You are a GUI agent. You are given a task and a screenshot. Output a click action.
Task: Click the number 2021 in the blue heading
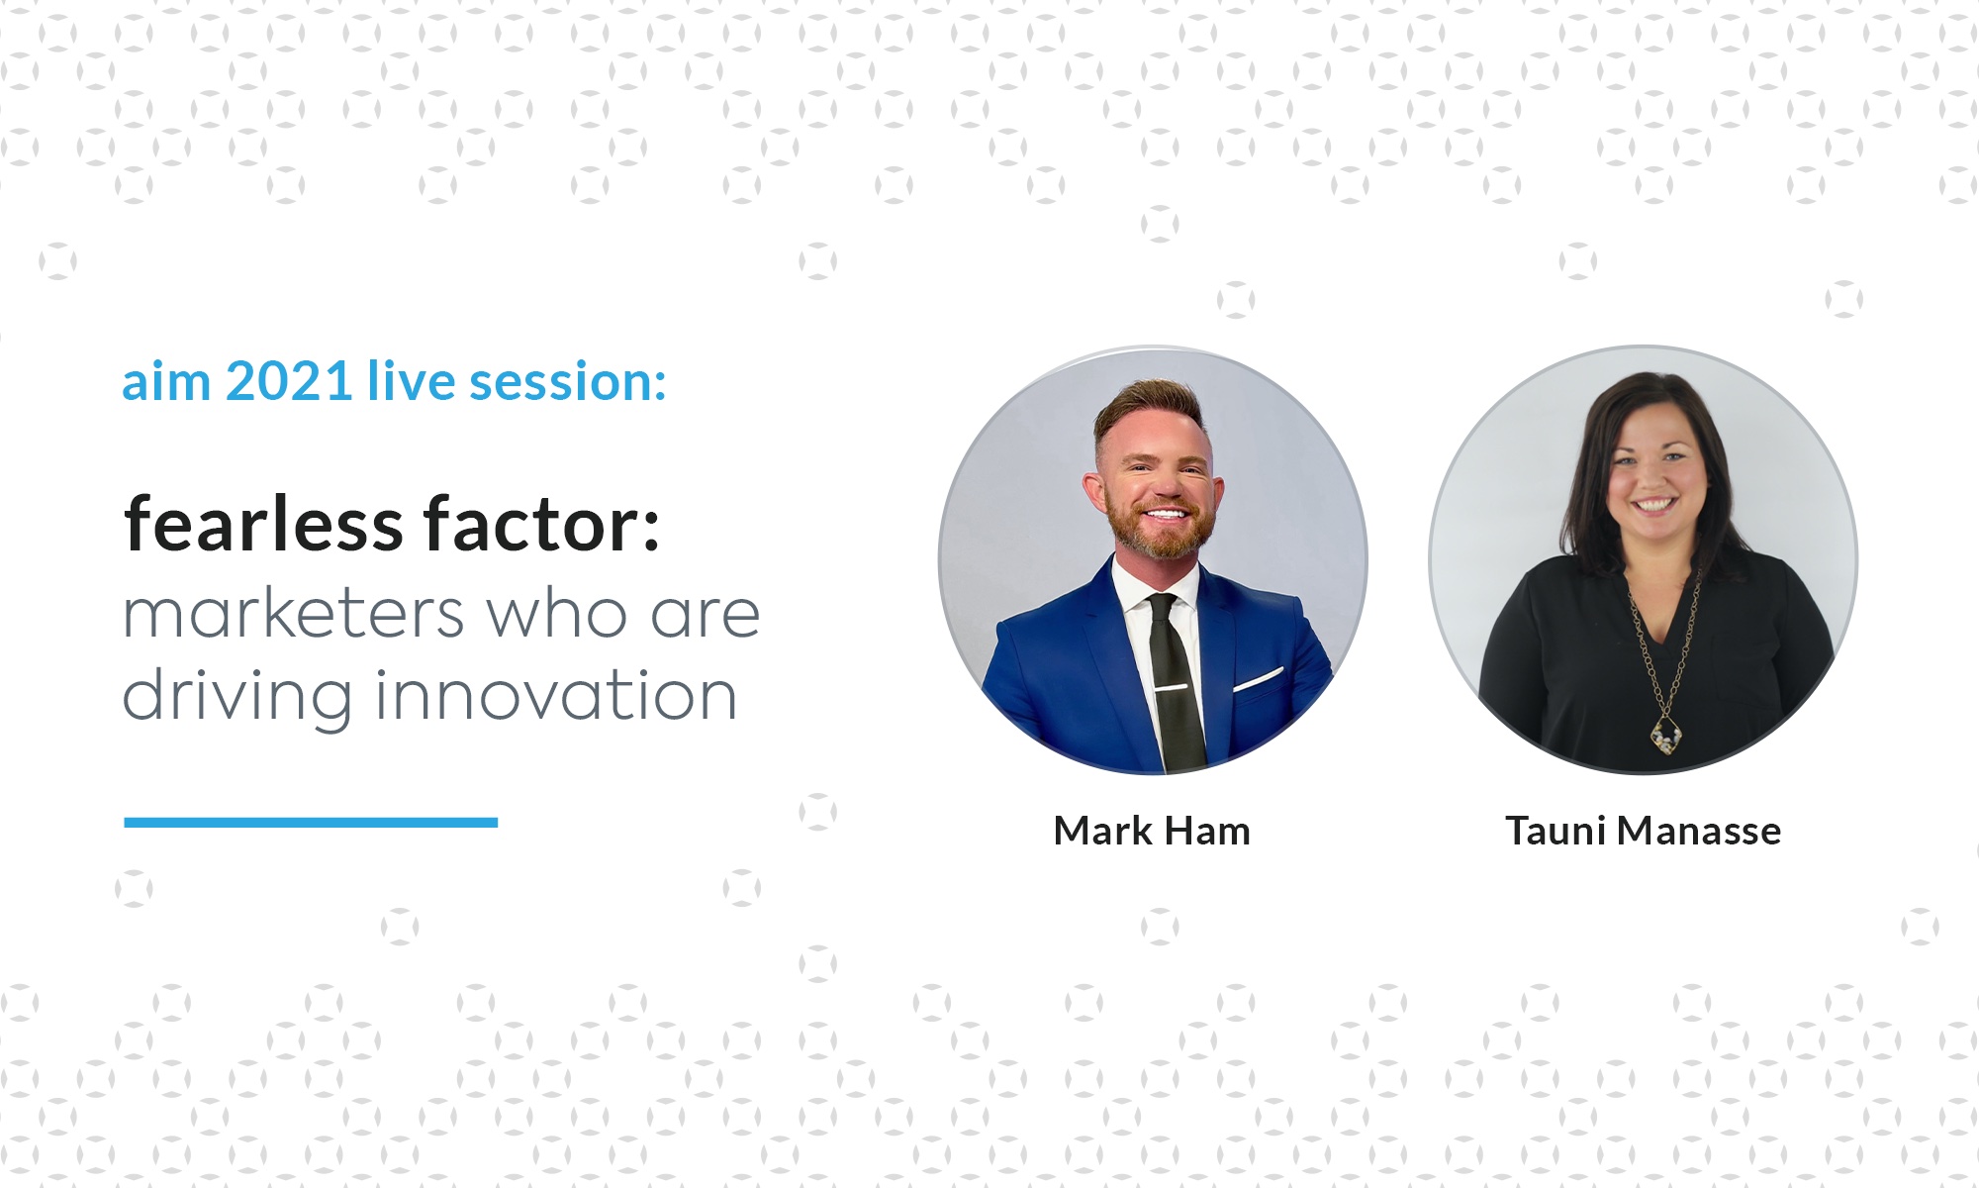pyautogui.click(x=290, y=381)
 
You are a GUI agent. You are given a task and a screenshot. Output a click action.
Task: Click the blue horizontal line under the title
pyautogui.click(x=311, y=822)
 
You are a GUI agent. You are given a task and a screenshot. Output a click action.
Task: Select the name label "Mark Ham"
pyautogui.click(x=1153, y=831)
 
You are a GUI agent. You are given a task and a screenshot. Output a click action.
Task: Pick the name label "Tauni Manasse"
pyautogui.click(x=1644, y=831)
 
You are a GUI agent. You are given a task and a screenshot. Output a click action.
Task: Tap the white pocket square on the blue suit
pyautogui.click(x=1258, y=678)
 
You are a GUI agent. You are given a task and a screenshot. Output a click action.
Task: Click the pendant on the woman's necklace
pyautogui.click(x=1666, y=733)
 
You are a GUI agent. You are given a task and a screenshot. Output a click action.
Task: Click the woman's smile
pyautogui.click(x=1653, y=505)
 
